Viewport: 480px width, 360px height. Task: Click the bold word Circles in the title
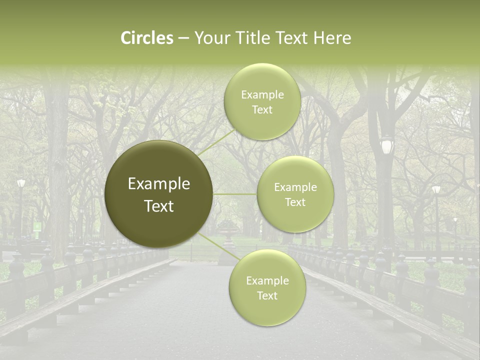(147, 38)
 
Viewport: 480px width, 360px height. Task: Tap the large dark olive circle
(159, 194)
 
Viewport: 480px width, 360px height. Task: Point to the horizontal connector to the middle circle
(235, 194)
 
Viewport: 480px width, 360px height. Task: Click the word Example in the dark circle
(159, 184)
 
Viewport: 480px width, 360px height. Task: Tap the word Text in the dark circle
(159, 206)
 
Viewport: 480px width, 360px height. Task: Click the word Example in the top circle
(262, 95)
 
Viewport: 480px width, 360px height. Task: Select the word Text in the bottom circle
(267, 295)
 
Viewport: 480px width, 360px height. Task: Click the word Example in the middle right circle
(295, 187)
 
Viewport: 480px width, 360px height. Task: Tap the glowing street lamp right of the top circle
(386, 145)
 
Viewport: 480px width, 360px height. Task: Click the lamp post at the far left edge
(21, 184)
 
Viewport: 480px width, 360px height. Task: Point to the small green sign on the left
(37, 226)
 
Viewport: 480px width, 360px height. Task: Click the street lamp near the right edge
(436, 190)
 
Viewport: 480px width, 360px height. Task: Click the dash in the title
(183, 38)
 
